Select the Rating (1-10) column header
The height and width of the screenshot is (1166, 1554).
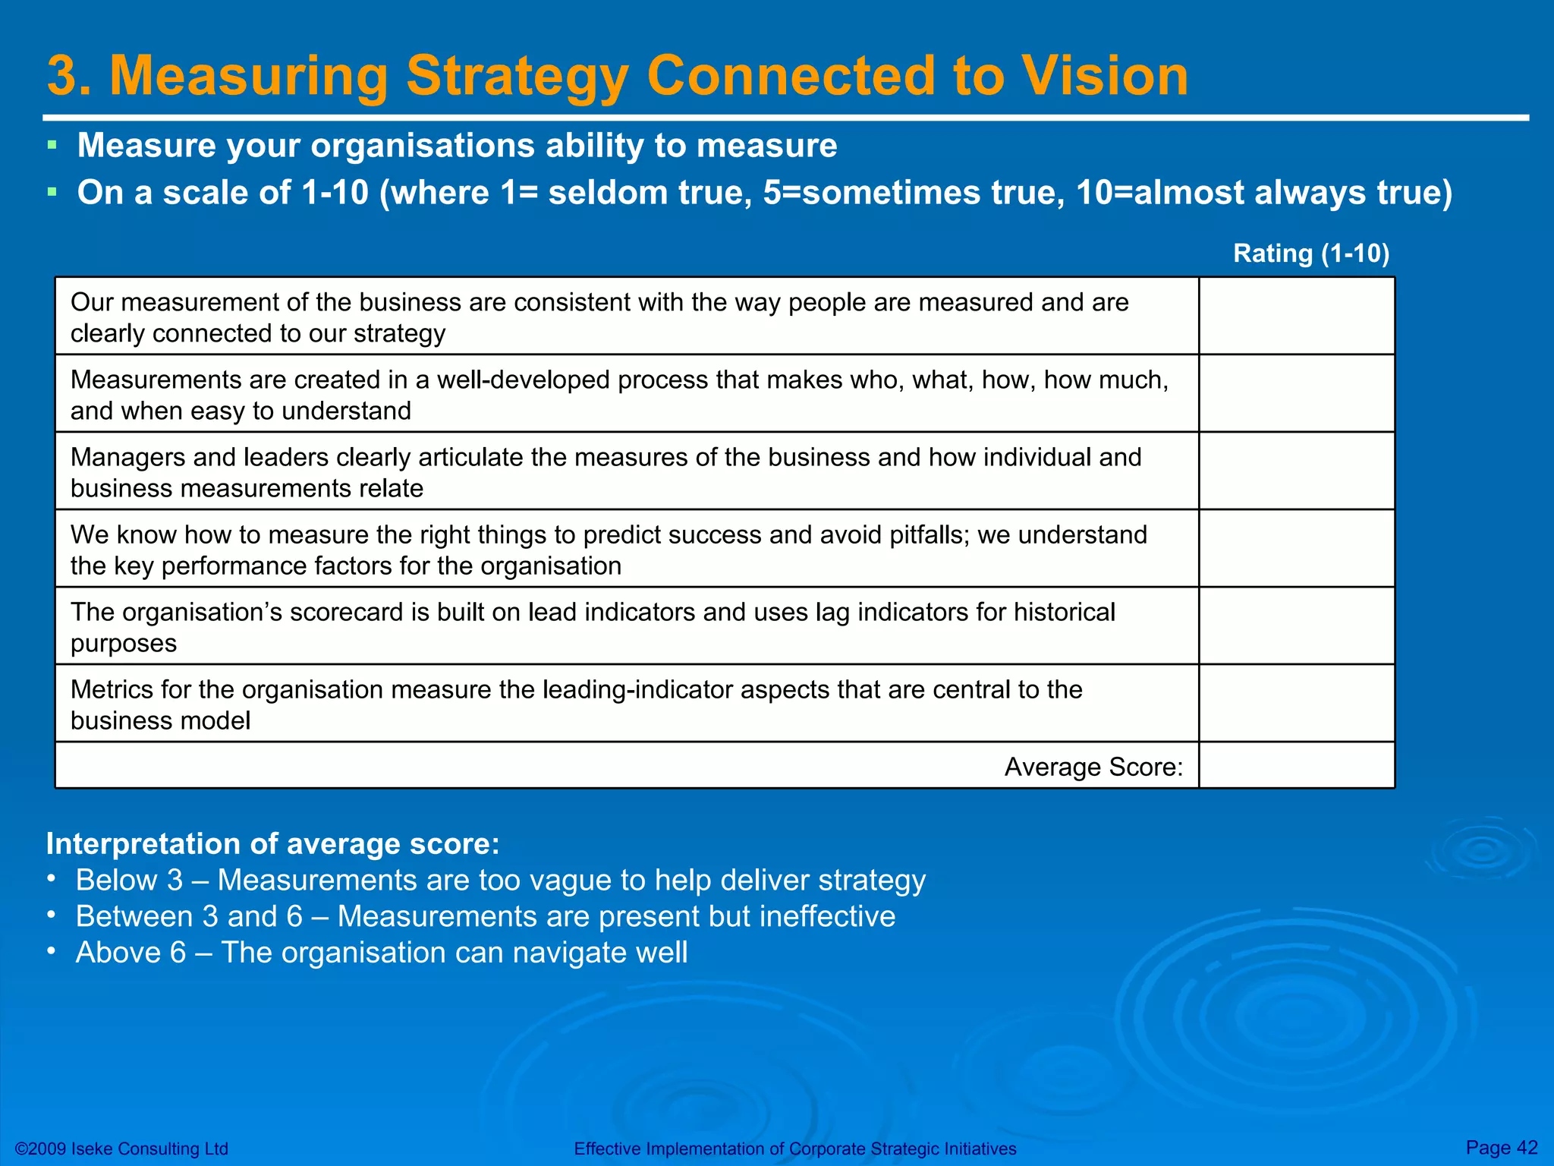pos(1310,253)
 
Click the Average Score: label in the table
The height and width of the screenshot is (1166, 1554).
pos(1093,767)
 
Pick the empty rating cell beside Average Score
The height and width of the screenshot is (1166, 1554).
pos(1296,766)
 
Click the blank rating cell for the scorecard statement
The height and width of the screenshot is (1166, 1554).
pos(1296,626)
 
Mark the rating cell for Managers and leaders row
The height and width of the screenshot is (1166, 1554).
pos(1296,471)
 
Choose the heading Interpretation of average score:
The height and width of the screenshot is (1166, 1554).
pos(273,843)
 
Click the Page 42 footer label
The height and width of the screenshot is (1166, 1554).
pos(1502,1148)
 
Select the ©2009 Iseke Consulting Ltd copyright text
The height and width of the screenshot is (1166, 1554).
pos(121,1149)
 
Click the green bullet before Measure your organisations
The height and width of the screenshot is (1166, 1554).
pos(52,144)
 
